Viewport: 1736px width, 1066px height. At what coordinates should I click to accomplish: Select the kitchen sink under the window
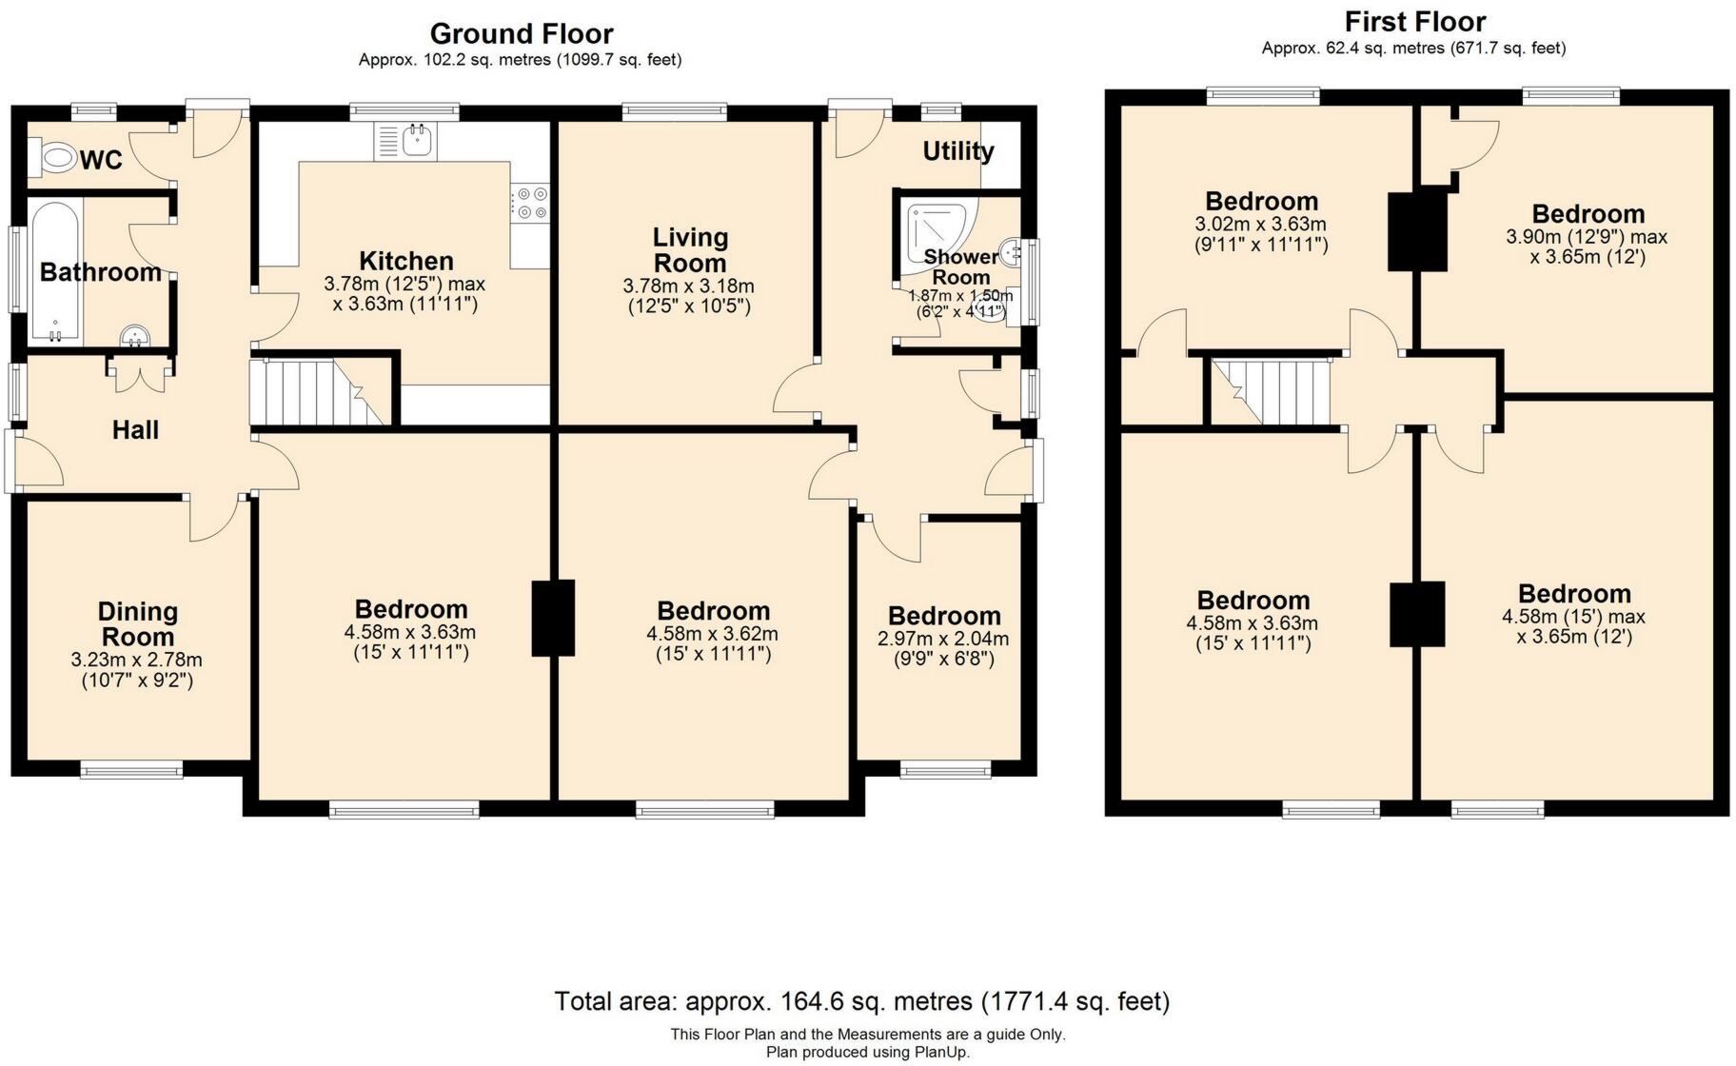(405, 141)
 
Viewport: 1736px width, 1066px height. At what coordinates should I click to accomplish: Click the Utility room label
(958, 150)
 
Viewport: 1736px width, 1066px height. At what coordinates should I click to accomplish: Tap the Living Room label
(690, 249)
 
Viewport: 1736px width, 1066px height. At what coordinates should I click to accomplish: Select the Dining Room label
(137, 624)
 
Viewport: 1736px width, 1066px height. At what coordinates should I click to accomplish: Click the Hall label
(135, 430)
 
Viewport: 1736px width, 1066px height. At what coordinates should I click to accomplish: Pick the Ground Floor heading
(521, 33)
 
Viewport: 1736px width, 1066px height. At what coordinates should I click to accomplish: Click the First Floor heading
(1414, 21)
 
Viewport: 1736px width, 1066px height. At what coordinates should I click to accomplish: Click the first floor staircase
(1270, 391)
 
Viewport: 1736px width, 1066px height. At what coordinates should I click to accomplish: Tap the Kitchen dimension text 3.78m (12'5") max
(404, 284)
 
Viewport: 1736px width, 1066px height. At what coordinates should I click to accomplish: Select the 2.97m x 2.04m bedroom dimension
(943, 639)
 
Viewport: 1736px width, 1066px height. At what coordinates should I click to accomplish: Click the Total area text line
(861, 1001)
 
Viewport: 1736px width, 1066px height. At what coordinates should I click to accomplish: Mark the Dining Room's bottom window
(131, 769)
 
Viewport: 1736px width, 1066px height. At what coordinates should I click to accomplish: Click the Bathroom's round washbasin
(135, 336)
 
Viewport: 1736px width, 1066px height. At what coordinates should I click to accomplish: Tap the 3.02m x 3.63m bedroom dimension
(1260, 225)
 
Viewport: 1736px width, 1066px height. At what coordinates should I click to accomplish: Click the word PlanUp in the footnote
(944, 1052)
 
